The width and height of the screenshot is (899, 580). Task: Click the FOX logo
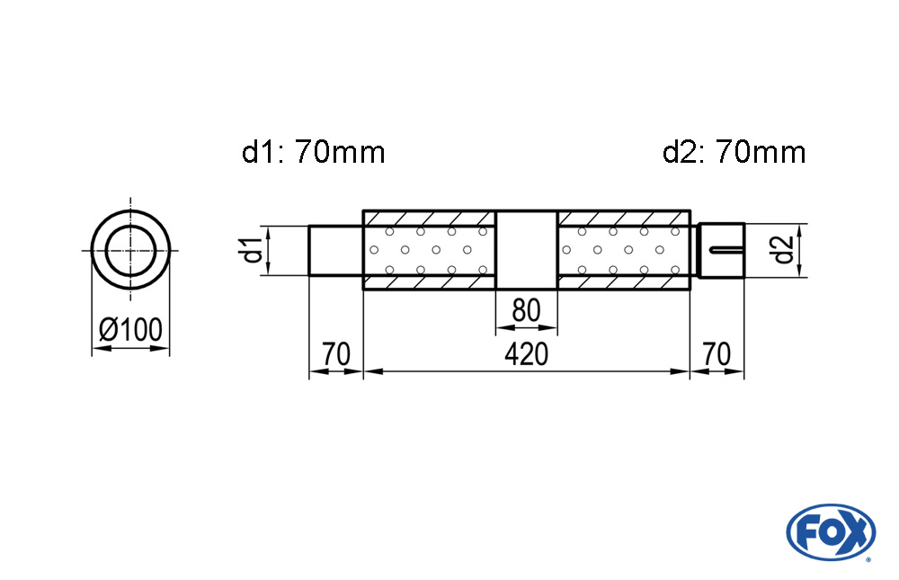(831, 532)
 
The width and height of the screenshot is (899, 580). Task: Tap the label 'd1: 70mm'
(313, 153)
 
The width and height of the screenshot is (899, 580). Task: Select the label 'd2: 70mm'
(734, 153)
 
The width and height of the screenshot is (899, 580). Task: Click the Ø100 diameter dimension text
(130, 329)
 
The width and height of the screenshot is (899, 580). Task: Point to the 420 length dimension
(526, 354)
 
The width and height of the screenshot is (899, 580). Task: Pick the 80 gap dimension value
(526, 310)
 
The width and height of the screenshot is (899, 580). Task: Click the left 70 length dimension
(336, 354)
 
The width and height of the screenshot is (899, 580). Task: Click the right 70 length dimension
(717, 354)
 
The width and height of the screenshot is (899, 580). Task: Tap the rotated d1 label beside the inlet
(253, 251)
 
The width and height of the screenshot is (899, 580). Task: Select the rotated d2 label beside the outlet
(783, 251)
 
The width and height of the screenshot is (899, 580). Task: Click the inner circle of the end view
(130, 251)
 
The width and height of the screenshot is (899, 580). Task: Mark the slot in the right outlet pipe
(726, 250)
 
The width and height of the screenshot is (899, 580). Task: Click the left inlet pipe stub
(336, 251)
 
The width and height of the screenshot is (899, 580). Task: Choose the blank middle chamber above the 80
(526, 250)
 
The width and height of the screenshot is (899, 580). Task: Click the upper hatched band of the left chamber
(430, 219)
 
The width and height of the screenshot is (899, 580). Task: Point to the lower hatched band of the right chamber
(624, 282)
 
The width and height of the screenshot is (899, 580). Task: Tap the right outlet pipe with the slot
(721, 251)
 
